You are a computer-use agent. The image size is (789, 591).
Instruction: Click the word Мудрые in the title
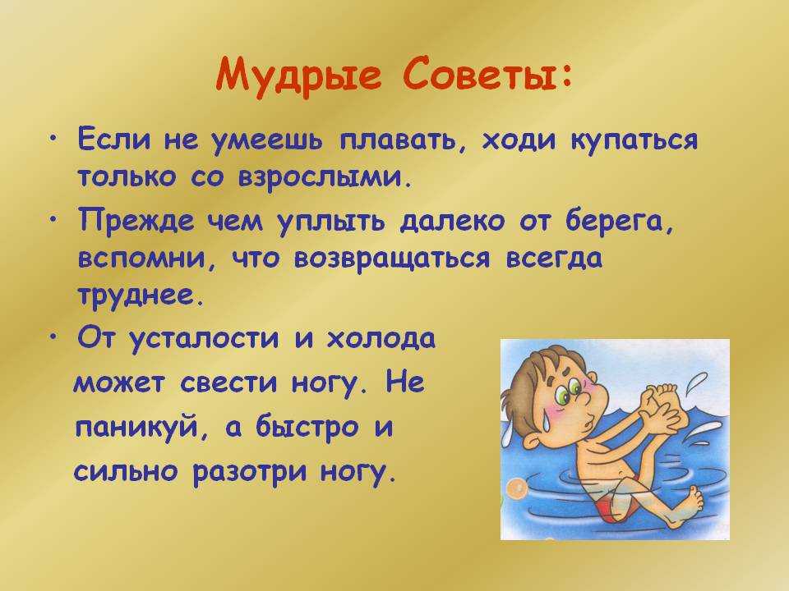[298, 76]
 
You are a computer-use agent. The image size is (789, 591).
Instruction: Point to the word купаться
[635, 140]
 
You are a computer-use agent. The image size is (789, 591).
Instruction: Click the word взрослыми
[322, 178]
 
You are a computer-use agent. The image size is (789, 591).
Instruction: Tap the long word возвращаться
[391, 259]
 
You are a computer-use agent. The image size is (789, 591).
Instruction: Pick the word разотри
[250, 473]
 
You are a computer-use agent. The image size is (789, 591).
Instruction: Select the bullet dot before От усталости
[53, 337]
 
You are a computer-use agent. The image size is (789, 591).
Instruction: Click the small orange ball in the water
[514, 487]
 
